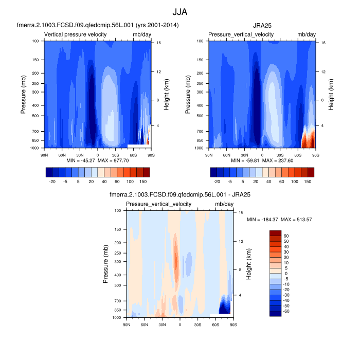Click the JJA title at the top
(180, 11)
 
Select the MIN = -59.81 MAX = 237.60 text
(262, 161)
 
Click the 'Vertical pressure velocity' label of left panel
(76, 34)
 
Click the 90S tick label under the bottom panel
(233, 324)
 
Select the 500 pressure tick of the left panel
(35, 116)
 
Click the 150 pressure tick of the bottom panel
(118, 229)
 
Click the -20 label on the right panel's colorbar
(217, 182)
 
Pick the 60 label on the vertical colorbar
(286, 236)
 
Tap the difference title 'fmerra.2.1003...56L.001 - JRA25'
(180, 195)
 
